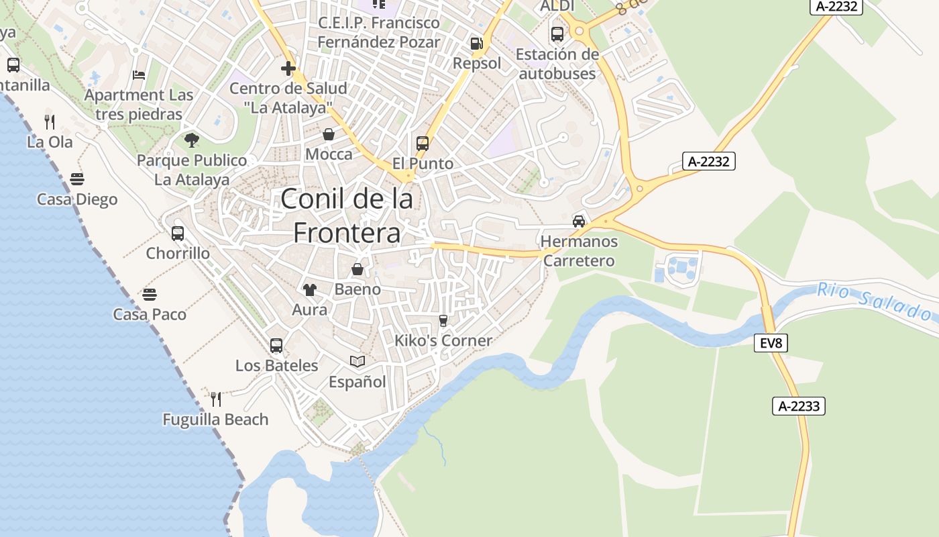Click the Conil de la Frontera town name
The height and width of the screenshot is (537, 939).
(x=347, y=215)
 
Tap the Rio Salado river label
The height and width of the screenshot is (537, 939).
(x=875, y=301)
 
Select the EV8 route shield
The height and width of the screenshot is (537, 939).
(x=771, y=343)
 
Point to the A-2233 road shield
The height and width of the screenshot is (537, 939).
(x=798, y=405)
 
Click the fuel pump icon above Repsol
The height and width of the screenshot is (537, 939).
(x=476, y=44)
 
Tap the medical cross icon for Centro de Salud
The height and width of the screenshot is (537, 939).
(x=288, y=68)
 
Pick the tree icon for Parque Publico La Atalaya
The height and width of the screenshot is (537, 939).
(x=192, y=140)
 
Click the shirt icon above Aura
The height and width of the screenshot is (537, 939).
(x=309, y=289)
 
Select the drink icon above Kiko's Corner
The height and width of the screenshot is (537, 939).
(x=443, y=321)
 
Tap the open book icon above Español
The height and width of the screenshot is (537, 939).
(x=357, y=362)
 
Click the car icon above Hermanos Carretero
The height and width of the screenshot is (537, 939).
(x=579, y=221)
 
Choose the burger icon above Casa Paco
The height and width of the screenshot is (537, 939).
(x=150, y=294)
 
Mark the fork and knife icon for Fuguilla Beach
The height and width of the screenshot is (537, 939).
(x=216, y=399)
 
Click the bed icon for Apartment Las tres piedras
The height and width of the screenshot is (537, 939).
(x=139, y=75)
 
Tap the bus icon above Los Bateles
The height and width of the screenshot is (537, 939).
(x=276, y=346)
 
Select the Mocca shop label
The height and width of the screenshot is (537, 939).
(x=329, y=154)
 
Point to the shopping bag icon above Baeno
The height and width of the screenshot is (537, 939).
(x=357, y=269)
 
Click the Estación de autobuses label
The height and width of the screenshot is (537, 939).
(x=557, y=64)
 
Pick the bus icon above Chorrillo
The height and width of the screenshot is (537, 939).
(x=178, y=234)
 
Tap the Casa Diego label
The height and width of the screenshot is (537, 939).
(x=77, y=199)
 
